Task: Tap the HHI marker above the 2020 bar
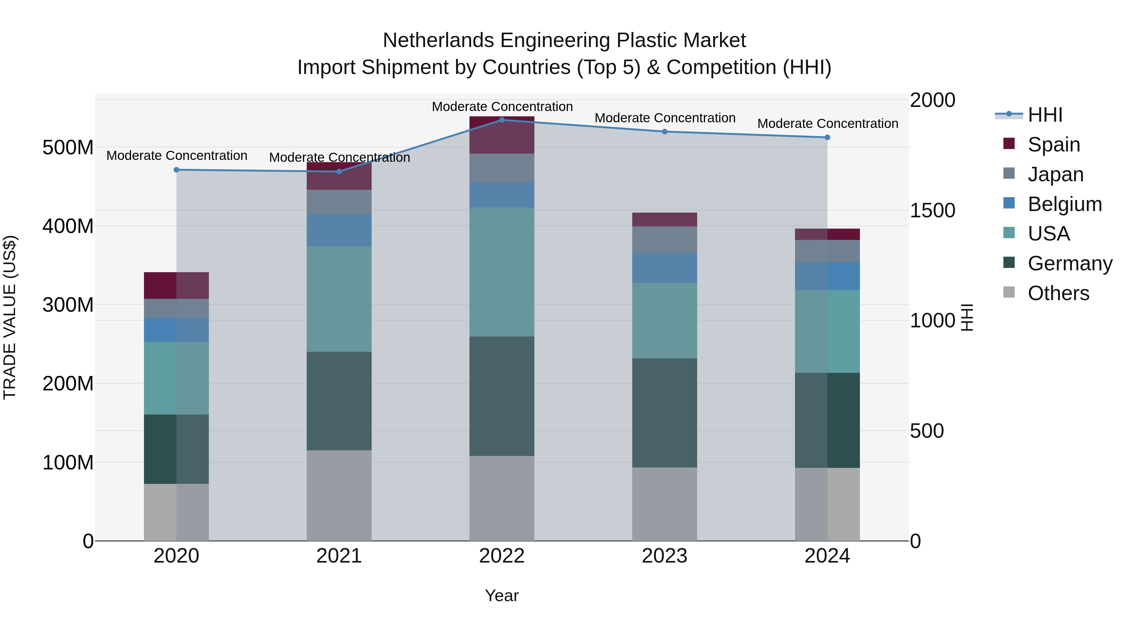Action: (x=176, y=170)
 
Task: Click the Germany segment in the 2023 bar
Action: (x=665, y=413)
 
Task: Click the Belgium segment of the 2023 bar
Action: (x=665, y=268)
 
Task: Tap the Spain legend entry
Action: (x=1054, y=144)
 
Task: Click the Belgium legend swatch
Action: (x=1009, y=203)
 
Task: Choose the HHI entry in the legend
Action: (x=1045, y=115)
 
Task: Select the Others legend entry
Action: (x=1058, y=293)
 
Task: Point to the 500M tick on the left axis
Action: (x=68, y=147)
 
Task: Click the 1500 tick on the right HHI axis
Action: (x=932, y=210)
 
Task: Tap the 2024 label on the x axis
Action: (x=827, y=556)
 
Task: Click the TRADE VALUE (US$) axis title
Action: (x=10, y=317)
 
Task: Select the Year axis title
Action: (x=502, y=595)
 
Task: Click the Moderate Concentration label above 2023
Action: (x=665, y=118)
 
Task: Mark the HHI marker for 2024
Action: (x=827, y=137)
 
